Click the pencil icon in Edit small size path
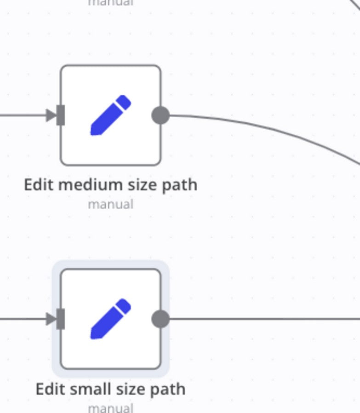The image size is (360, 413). pyautogui.click(x=110, y=319)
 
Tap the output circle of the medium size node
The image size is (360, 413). pyautogui.click(x=160, y=115)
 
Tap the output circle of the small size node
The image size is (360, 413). pyautogui.click(x=160, y=319)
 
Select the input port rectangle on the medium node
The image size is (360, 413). pyautogui.click(x=60, y=115)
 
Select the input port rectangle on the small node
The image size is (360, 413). pyautogui.click(x=60, y=319)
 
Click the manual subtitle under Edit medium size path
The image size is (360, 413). pyautogui.click(x=110, y=204)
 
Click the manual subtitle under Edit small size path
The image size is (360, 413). pyautogui.click(x=110, y=407)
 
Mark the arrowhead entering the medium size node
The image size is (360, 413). pyautogui.click(x=51, y=115)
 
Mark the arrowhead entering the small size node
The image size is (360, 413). pyautogui.click(x=51, y=319)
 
